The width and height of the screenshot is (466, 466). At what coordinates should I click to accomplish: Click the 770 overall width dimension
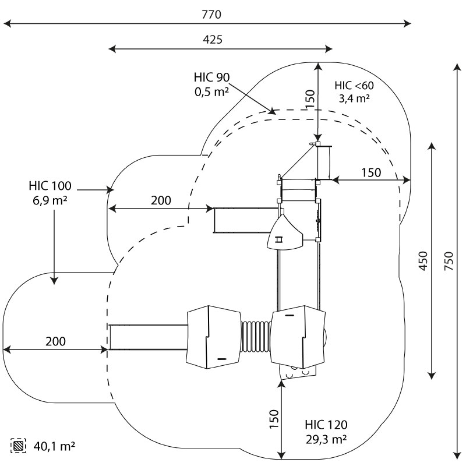[211, 15]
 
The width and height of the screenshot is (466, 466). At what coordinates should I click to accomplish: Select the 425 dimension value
[213, 39]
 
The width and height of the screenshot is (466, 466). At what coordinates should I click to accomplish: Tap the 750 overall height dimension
[449, 261]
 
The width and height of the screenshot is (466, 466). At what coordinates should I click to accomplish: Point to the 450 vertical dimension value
[423, 261]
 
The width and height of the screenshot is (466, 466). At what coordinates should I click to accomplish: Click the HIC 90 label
[211, 77]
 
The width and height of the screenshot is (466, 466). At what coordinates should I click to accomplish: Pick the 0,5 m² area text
[211, 92]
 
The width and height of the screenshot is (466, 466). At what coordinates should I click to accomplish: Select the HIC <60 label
[354, 86]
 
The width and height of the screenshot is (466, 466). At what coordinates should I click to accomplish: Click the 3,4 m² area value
[354, 98]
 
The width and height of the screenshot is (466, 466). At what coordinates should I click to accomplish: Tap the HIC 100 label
[50, 186]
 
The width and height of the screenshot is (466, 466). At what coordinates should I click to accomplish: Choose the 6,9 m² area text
[50, 200]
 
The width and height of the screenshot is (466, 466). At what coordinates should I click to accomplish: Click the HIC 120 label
[326, 425]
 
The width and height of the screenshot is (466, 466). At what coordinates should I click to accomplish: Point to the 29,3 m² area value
[326, 439]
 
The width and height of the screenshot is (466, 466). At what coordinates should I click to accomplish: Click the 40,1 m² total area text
[54, 446]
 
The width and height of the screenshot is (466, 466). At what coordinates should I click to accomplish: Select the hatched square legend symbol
[18, 446]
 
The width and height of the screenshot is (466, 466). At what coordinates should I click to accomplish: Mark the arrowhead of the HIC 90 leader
[272, 111]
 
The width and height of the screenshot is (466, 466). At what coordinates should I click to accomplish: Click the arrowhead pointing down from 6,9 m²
[54, 280]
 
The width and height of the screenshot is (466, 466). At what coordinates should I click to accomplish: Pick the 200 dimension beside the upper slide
[161, 200]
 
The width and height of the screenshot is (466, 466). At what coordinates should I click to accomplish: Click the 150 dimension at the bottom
[274, 419]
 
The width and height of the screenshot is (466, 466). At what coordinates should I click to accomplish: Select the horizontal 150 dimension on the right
[371, 172]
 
